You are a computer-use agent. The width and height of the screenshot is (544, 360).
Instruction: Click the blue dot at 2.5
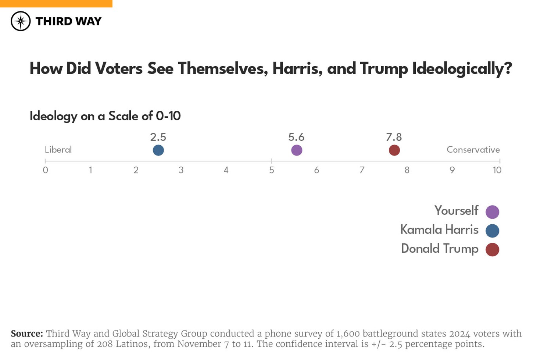(158, 150)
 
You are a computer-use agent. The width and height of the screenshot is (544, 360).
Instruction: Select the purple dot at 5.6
(297, 150)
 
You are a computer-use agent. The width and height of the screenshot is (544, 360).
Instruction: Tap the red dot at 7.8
(394, 150)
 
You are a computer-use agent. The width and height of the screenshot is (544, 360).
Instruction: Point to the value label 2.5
(158, 137)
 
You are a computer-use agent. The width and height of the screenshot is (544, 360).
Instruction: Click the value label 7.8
(394, 137)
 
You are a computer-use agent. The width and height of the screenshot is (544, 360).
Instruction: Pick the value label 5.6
(296, 137)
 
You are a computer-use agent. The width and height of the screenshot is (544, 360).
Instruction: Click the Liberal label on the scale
(58, 150)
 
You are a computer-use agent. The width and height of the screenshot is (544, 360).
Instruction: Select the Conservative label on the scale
(473, 150)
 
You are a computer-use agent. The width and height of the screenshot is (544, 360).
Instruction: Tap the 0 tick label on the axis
(45, 170)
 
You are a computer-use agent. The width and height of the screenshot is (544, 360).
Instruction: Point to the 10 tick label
(497, 170)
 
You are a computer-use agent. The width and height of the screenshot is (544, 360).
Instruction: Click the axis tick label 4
(226, 170)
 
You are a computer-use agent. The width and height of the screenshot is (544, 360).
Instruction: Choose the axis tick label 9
(452, 170)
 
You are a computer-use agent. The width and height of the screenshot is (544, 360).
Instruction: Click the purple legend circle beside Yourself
(492, 212)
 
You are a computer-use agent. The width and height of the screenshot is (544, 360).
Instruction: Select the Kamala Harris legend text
(439, 230)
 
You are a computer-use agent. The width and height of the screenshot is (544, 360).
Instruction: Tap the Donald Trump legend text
(440, 249)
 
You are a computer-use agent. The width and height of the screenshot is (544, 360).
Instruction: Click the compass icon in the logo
(21, 21)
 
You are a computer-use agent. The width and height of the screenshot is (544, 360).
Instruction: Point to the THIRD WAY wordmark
(68, 21)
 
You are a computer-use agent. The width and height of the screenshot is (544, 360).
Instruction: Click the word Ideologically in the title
(462, 69)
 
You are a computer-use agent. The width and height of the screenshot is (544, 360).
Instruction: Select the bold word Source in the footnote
(27, 334)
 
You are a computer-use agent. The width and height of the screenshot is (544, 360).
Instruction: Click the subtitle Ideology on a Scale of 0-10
(105, 116)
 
